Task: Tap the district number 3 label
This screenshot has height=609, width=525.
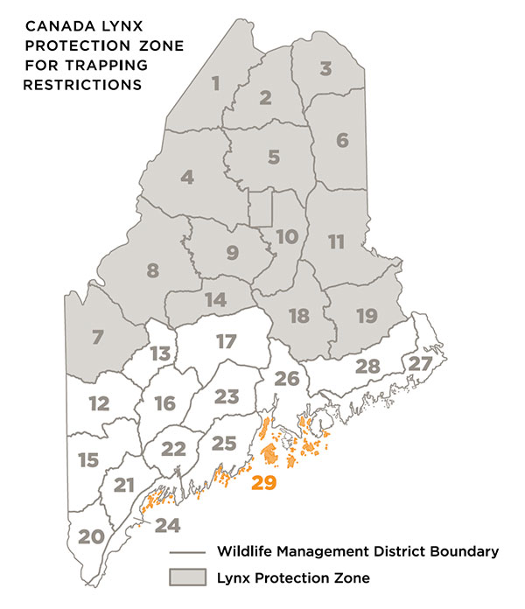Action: [x=325, y=68]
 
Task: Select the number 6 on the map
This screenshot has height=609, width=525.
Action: [x=342, y=140]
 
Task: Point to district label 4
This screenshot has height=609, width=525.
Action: [x=186, y=177]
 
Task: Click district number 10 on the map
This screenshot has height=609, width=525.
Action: [x=287, y=236]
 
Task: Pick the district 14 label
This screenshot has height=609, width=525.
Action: [x=215, y=300]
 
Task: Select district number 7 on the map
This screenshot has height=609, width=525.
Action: [x=97, y=335]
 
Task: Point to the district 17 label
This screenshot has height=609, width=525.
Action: [x=227, y=341]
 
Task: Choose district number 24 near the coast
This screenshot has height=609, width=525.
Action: [x=167, y=526]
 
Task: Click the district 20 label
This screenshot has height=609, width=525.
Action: [x=90, y=536]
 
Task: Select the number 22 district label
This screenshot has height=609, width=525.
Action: [x=174, y=449]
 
